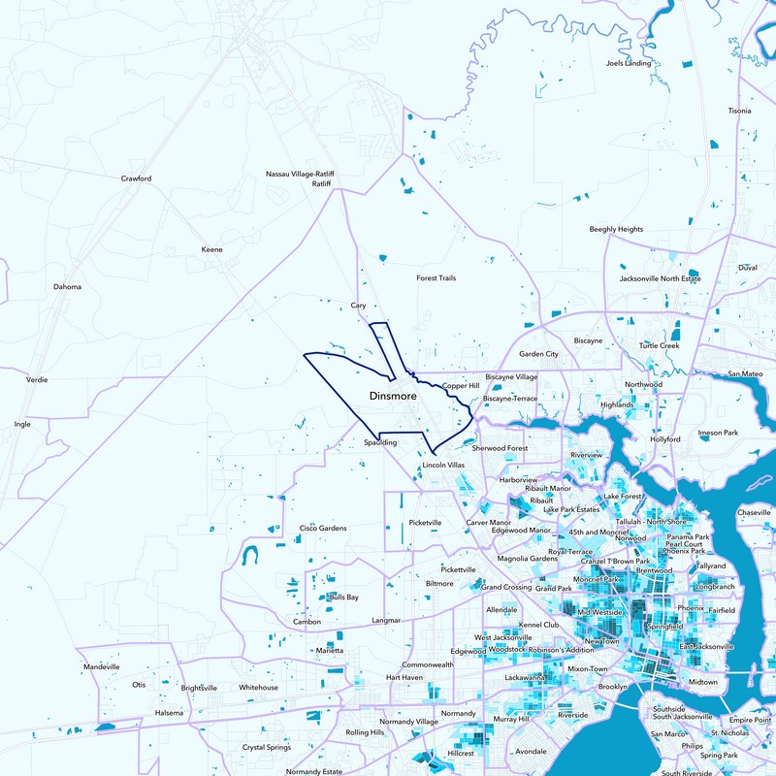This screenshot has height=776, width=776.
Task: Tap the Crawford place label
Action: point(136,178)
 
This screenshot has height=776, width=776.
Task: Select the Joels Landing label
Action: point(628,63)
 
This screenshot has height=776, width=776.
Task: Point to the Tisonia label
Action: point(740,111)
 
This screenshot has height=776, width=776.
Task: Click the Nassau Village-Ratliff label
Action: point(300,174)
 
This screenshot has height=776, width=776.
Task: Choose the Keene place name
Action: point(211,249)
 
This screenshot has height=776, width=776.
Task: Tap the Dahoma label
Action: point(67,286)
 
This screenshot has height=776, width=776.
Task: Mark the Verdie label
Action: point(37,379)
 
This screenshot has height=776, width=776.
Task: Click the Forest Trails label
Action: point(436,278)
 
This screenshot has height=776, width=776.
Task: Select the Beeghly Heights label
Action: point(616,229)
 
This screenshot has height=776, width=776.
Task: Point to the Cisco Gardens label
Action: point(323,528)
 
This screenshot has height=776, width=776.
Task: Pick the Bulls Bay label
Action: point(344,597)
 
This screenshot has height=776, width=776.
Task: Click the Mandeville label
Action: point(101,667)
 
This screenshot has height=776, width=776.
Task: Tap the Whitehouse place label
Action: point(258,687)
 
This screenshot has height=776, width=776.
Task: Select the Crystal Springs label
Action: point(266,747)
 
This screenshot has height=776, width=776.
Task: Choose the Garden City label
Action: point(538,354)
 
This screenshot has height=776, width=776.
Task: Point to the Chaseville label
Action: point(754,511)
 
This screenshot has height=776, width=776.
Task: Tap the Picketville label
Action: point(426,522)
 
